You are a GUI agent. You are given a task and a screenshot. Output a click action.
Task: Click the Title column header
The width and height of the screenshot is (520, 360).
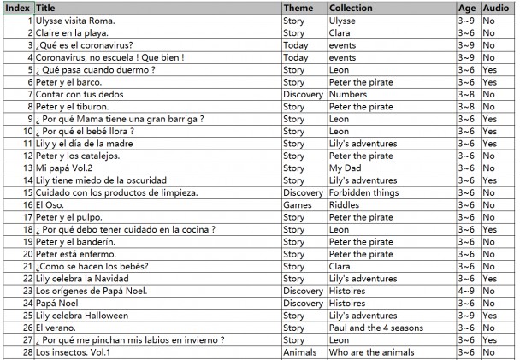[46, 8]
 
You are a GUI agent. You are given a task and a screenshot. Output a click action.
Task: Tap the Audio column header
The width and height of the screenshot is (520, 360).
[496, 8]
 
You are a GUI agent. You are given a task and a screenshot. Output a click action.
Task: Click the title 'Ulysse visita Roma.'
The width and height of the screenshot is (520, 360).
[75, 20]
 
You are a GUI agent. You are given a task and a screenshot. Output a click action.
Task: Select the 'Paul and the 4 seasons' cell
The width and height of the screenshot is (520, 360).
[376, 328]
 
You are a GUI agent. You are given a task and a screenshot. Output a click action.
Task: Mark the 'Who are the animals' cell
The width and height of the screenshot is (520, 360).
[374, 352]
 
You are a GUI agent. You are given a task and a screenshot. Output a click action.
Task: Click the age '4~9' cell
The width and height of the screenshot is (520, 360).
[467, 291]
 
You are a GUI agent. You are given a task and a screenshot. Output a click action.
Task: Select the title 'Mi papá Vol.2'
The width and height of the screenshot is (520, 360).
[64, 168]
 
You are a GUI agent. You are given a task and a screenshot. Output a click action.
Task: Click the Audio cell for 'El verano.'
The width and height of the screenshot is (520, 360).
[489, 328]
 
